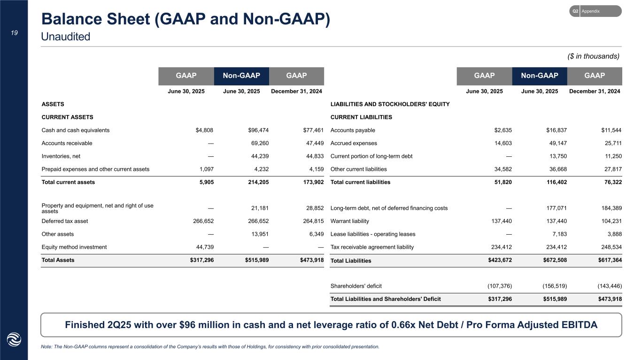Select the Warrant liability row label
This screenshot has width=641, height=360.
click(350, 221)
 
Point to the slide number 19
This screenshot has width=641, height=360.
click(14, 32)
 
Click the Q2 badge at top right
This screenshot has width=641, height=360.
click(575, 11)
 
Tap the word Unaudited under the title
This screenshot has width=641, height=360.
click(65, 36)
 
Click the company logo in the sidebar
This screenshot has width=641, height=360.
click(14, 339)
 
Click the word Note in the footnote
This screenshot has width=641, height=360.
click(47, 347)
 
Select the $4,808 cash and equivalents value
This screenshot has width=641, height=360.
click(205, 130)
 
